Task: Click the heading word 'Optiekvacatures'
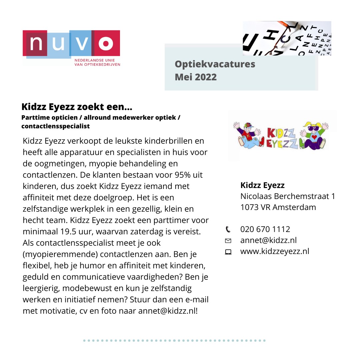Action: tap(215, 64)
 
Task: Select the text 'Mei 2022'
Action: tap(196, 77)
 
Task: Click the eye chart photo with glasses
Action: tap(287, 38)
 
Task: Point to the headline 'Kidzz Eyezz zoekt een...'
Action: tap(77, 107)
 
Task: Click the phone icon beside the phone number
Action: tap(228, 229)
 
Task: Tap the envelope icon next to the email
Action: tap(228, 240)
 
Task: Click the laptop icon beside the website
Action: tap(228, 252)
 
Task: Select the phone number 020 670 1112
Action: tap(265, 229)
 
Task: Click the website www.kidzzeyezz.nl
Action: tap(275, 251)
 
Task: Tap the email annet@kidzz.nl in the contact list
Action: tap(268, 240)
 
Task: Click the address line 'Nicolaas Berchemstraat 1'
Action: tap(288, 196)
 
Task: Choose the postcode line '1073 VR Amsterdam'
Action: tap(278, 207)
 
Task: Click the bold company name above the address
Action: tap(262, 185)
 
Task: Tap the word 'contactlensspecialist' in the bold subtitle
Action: tap(56, 126)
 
